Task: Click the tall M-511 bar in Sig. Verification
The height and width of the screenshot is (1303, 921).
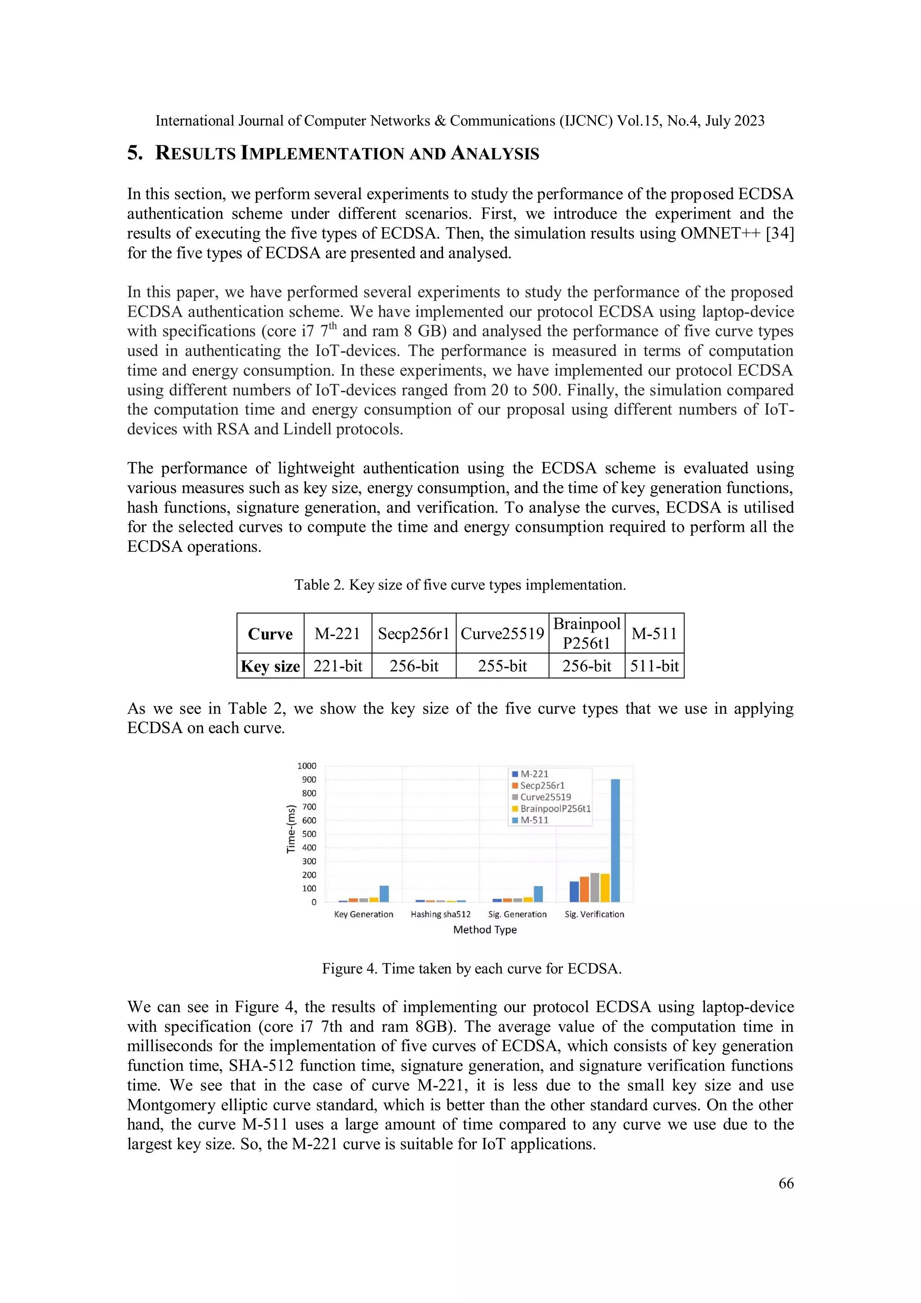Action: click(615, 840)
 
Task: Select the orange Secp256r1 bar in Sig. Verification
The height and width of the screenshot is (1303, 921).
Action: click(584, 889)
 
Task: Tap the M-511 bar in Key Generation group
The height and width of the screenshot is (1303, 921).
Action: click(384, 893)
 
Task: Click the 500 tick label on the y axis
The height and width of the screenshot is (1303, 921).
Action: click(308, 834)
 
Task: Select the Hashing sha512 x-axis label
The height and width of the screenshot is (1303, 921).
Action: click(440, 914)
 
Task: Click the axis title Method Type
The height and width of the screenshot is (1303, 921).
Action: click(485, 930)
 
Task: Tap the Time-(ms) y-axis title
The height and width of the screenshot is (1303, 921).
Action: click(291, 828)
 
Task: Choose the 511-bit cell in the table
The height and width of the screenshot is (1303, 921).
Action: click(654, 666)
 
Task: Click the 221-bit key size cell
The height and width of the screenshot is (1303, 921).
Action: click(338, 666)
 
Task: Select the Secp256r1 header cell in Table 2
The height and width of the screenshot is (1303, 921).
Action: click(414, 633)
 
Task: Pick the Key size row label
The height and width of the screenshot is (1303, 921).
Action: click(270, 666)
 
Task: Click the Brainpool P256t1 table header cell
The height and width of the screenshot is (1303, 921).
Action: click(586, 633)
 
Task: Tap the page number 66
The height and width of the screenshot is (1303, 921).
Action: click(786, 1183)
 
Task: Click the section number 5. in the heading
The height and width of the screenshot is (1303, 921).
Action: click(135, 153)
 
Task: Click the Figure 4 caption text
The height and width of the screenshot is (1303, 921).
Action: click(472, 969)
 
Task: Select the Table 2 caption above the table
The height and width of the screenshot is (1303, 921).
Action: click(460, 585)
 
